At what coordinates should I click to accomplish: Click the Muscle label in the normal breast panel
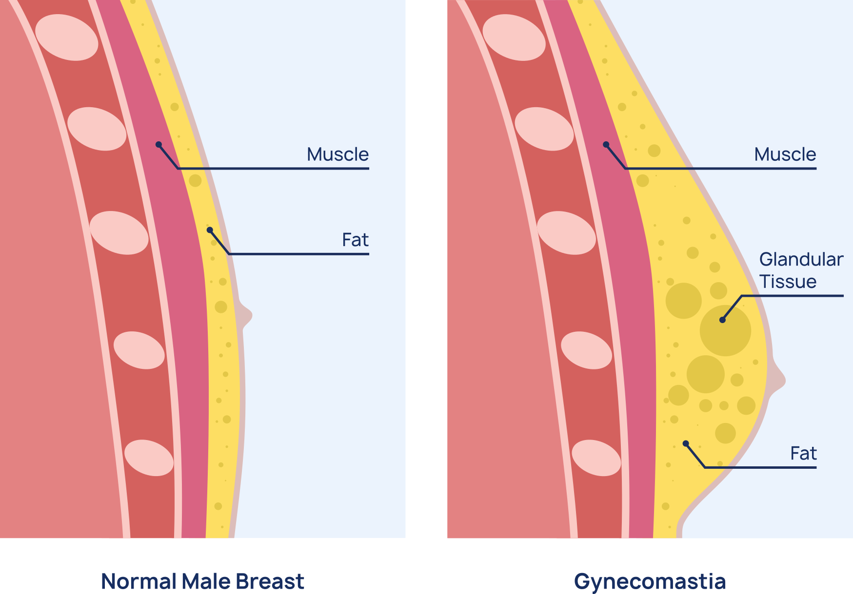pos(337,154)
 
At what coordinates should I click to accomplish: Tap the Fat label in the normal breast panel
pos(355,240)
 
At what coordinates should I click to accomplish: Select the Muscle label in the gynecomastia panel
pos(785,154)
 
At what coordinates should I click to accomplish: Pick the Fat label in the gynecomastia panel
pos(803,454)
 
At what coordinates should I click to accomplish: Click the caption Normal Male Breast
pos(202,581)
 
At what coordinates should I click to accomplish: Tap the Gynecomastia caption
pos(650,581)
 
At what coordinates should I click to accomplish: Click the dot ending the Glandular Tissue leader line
pos(722,320)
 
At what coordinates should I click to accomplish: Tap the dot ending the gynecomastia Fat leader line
pos(686,443)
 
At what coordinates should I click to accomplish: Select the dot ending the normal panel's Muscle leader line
pos(159,145)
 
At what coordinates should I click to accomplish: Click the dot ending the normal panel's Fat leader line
pos(210,230)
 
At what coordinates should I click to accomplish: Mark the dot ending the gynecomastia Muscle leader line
pos(606,145)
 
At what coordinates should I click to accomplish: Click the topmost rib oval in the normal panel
pos(67,38)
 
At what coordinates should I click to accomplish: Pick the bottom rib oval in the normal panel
pos(149,458)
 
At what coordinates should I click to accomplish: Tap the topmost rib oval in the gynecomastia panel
pos(514,38)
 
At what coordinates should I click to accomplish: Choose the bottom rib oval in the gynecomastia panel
pos(596,458)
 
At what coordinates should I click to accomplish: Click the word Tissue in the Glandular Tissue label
pos(788,282)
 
